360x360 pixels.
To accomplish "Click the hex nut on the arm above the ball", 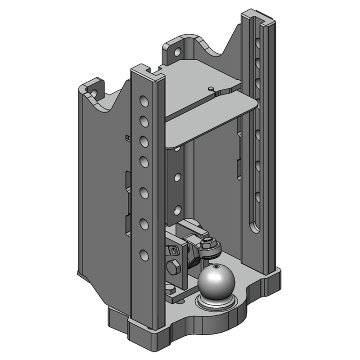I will click(208, 243).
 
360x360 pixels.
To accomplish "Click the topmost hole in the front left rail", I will click(143, 99).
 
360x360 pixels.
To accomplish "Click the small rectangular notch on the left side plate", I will click(127, 137).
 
